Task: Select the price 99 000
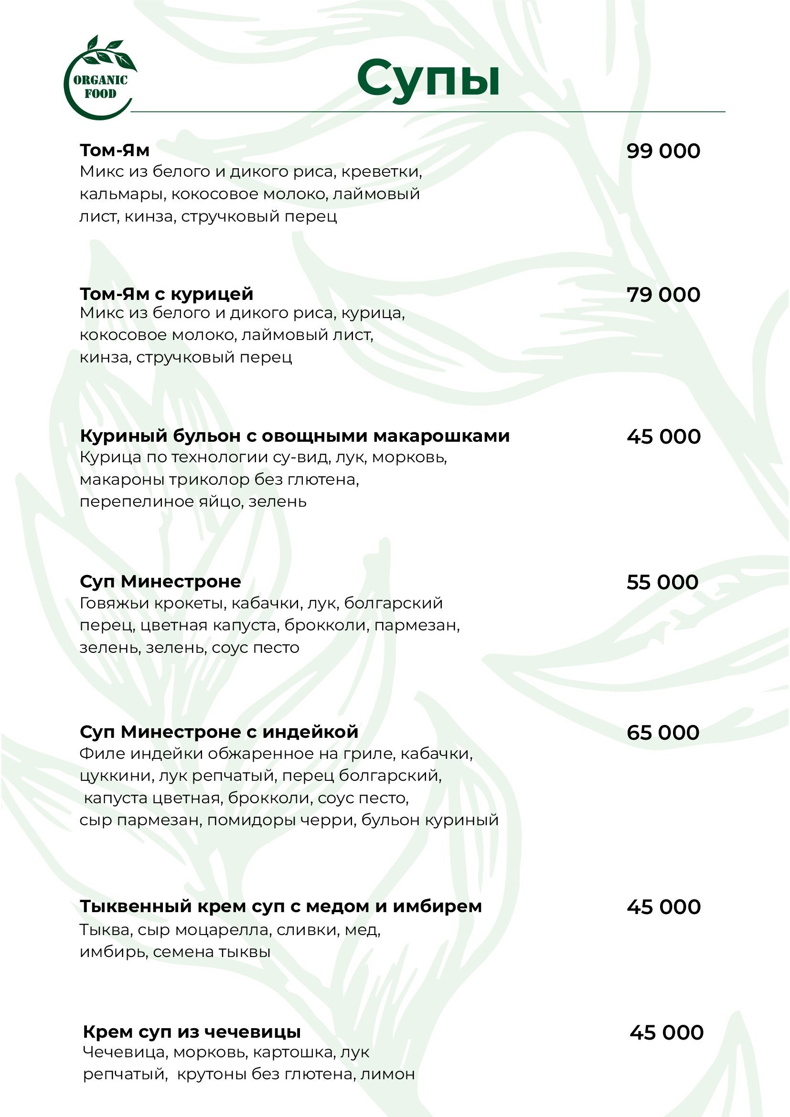[663, 151]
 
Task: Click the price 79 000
[663, 295]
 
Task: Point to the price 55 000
[662, 582]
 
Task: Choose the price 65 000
[662, 733]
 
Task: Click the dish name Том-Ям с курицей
[166, 294]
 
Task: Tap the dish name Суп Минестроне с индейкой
[219, 732]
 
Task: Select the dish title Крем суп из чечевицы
[192, 1032]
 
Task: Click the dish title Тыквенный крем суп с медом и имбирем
[281, 906]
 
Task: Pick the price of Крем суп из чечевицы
[666, 1032]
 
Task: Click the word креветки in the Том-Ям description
[381, 172]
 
